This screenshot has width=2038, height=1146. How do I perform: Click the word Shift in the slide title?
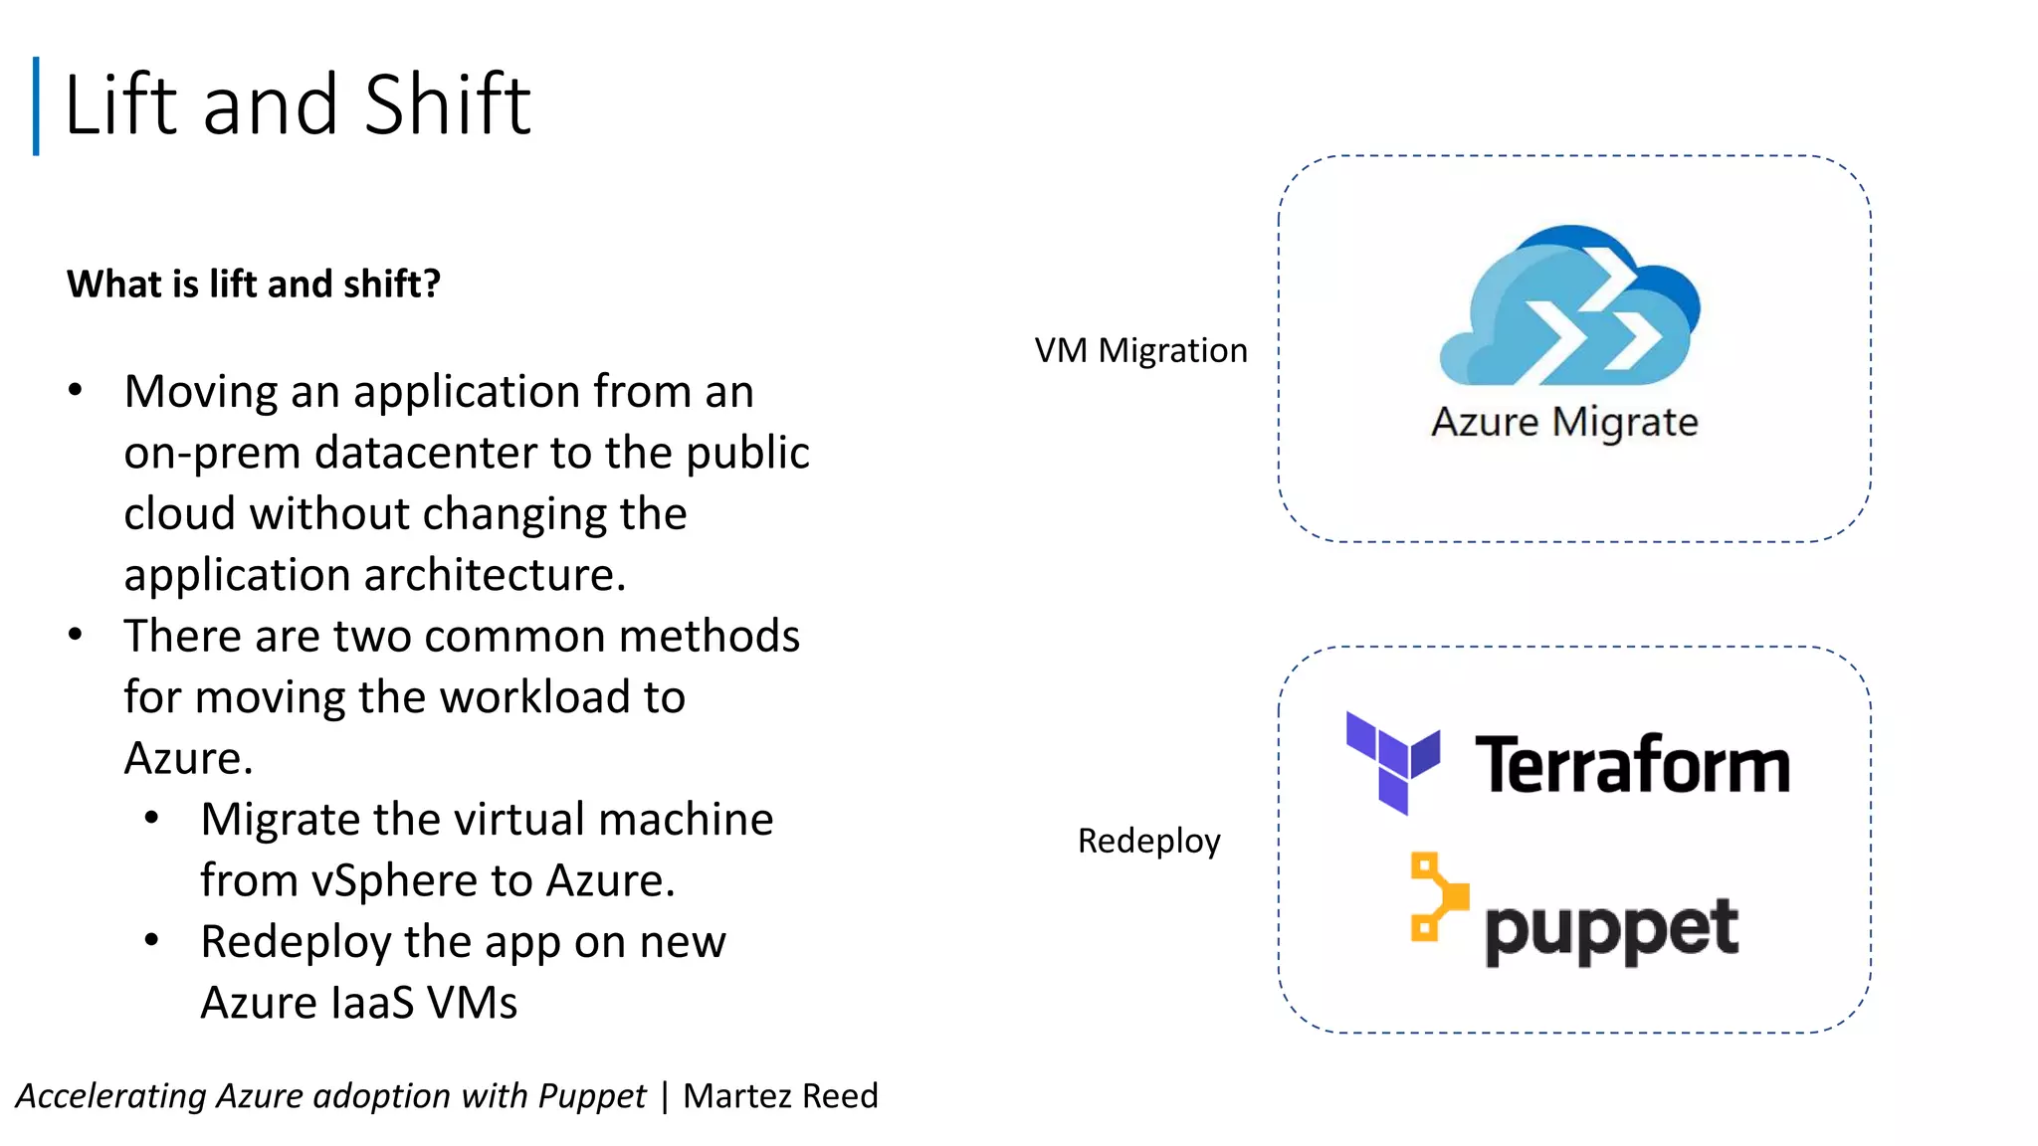pyautogui.click(x=447, y=104)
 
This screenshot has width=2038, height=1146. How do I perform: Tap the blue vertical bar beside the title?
pyautogui.click(x=36, y=105)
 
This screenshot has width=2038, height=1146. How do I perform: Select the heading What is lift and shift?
pyautogui.click(x=254, y=285)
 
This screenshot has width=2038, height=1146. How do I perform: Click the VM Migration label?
pyautogui.click(x=1140, y=350)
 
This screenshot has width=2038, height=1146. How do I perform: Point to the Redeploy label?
pyautogui.click(x=1148, y=841)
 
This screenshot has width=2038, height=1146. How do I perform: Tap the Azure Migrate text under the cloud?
pyautogui.click(x=1564, y=422)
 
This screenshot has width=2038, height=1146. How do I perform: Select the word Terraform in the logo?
pyautogui.click(x=1632, y=765)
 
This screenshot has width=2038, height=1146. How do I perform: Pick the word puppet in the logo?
pyautogui.click(x=1611, y=930)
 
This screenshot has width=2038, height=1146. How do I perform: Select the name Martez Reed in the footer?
pyautogui.click(x=780, y=1095)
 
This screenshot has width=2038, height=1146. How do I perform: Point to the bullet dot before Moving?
pyautogui.click(x=76, y=390)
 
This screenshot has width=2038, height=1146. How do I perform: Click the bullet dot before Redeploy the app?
pyautogui.click(x=151, y=939)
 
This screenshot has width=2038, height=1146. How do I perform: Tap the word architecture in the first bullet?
pyautogui.click(x=494, y=575)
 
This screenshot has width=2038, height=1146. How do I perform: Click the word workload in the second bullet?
pyautogui.click(x=536, y=697)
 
